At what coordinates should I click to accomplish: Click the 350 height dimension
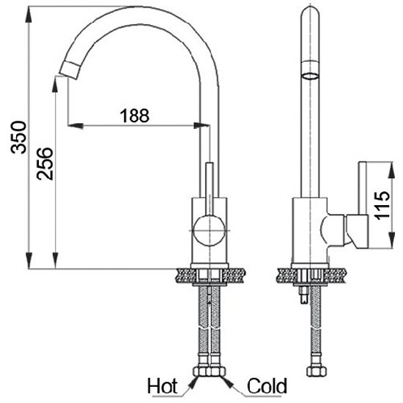click(x=18, y=138)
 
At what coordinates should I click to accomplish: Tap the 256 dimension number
click(x=45, y=163)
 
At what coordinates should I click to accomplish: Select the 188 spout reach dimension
click(x=134, y=116)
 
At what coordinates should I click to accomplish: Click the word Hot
click(x=162, y=386)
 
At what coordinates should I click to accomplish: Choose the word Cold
click(x=267, y=386)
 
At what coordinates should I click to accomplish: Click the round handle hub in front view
click(x=210, y=231)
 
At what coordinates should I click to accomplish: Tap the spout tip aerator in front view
click(x=70, y=70)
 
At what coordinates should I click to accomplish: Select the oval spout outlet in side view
click(x=310, y=75)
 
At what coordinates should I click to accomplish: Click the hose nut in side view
click(x=317, y=371)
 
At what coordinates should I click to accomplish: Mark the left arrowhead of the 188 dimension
click(x=75, y=126)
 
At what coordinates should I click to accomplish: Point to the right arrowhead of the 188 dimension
click(x=202, y=126)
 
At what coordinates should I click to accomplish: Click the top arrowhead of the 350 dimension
click(x=29, y=15)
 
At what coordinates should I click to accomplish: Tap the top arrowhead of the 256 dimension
click(x=55, y=84)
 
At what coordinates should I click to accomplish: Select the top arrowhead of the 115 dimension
click(x=391, y=170)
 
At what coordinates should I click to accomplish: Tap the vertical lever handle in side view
click(x=363, y=188)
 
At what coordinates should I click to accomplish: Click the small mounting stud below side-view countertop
click(x=304, y=295)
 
